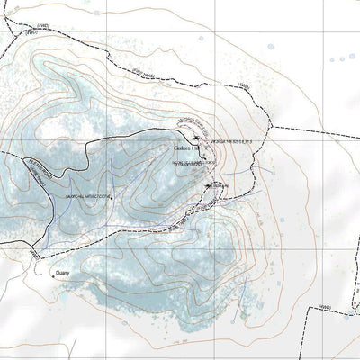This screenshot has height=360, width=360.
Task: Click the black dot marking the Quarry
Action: [x=52, y=275]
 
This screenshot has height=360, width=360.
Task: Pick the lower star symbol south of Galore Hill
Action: [x=210, y=185]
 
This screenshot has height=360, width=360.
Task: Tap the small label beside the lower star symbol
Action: [x=223, y=186]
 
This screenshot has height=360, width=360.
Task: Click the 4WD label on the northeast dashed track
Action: [x=243, y=86]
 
